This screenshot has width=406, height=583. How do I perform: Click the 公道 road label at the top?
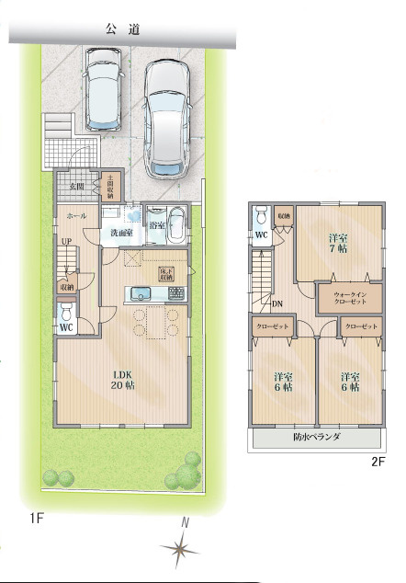click(122, 29)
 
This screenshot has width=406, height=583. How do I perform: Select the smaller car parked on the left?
click(99, 89)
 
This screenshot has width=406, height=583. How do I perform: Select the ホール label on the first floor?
click(76, 215)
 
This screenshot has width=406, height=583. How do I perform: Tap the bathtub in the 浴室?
click(177, 224)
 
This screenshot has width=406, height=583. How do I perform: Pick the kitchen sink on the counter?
click(141, 294)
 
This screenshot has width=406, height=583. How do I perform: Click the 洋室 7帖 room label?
click(339, 243)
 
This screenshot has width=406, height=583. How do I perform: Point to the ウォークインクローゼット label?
click(347, 297)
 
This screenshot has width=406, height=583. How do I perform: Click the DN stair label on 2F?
click(277, 303)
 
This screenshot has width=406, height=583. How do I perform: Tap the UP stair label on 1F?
click(66, 242)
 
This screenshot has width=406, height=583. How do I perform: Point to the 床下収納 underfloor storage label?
click(166, 274)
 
